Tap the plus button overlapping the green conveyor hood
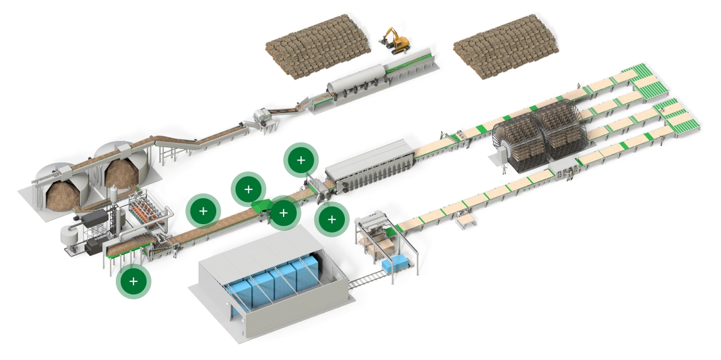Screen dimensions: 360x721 [x=284, y=212]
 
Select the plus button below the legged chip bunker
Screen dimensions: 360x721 [x=134, y=281]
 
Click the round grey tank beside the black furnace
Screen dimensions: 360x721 [x=71, y=238]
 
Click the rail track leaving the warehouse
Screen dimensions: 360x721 [x=367, y=279]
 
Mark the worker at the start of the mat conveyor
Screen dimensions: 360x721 [x=175, y=253]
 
